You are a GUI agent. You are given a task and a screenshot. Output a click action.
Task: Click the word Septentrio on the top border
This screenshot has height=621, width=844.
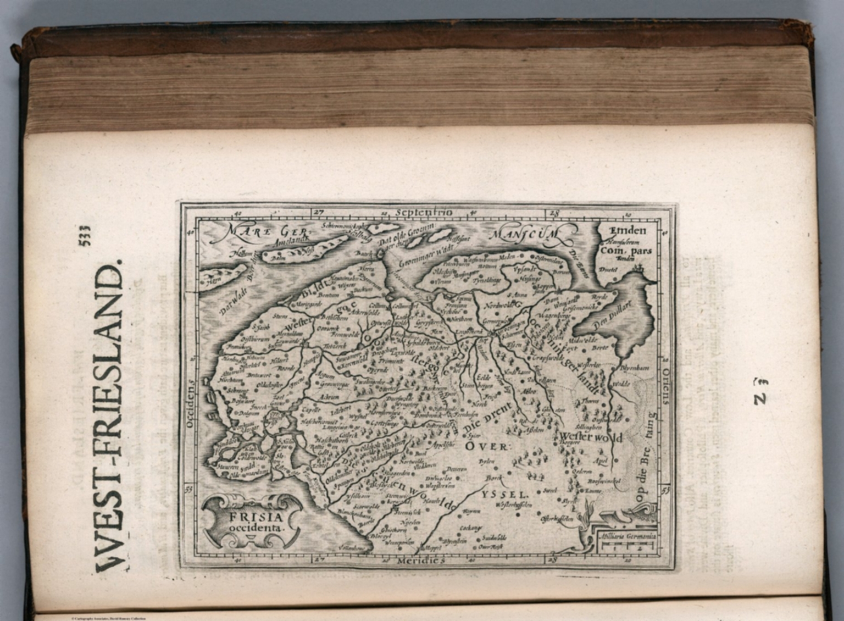point(424,212)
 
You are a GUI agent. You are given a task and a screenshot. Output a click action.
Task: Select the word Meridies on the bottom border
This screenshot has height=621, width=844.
point(420,561)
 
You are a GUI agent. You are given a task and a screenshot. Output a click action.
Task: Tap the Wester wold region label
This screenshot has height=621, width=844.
point(590,437)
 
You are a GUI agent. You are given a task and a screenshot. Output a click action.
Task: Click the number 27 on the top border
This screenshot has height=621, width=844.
point(319,212)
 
